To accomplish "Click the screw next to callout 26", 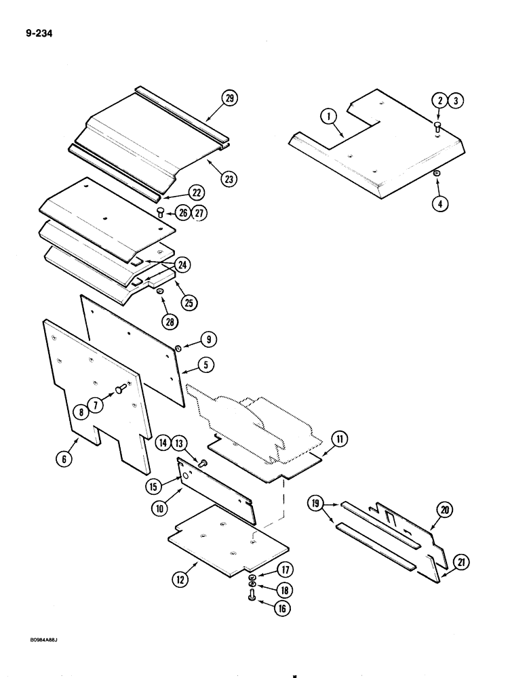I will (160, 212).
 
